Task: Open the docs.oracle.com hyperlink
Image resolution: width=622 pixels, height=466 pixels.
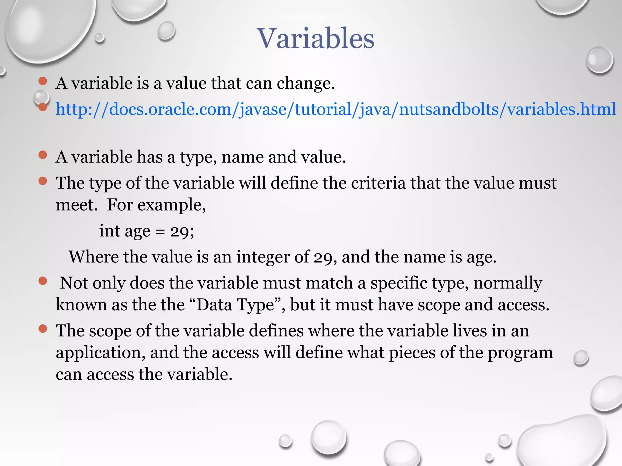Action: (336, 109)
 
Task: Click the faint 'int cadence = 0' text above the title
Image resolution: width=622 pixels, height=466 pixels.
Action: (309, 16)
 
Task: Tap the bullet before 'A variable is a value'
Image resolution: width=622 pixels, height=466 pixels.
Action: (43, 81)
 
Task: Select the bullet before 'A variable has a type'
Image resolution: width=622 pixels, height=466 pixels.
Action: (43, 155)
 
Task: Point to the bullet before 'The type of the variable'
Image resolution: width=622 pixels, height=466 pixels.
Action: (43, 181)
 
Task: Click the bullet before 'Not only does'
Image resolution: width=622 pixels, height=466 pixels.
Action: (43, 281)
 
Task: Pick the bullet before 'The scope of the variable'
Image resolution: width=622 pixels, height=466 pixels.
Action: (43, 329)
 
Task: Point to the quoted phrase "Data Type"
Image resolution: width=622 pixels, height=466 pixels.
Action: (236, 305)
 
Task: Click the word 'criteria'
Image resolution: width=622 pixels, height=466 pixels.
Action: (378, 183)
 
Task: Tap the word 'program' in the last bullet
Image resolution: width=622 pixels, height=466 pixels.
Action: (520, 353)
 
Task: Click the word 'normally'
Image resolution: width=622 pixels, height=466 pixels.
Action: (508, 283)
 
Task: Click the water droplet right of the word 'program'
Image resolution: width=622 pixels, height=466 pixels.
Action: (581, 358)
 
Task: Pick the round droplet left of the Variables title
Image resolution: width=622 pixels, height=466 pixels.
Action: (166, 31)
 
